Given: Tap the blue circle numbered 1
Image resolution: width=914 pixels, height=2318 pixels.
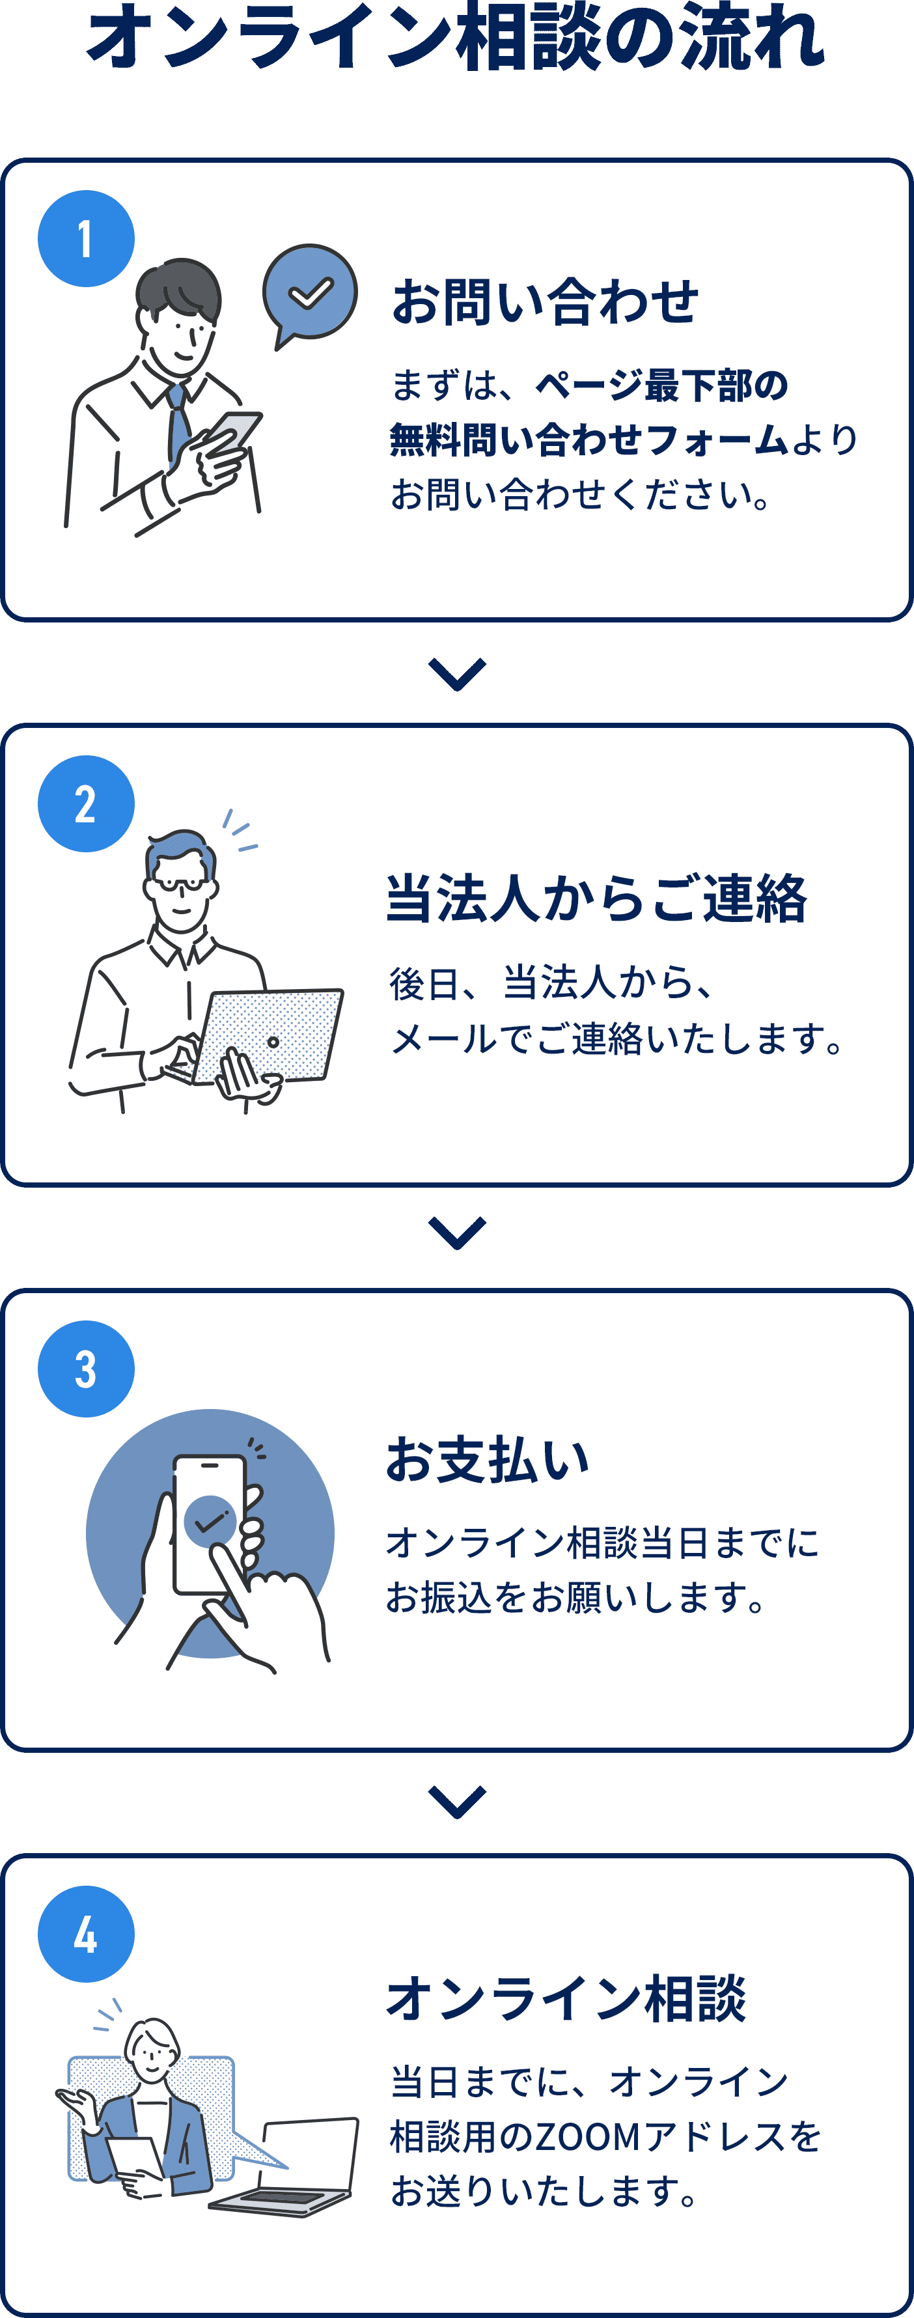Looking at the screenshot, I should point(85,238).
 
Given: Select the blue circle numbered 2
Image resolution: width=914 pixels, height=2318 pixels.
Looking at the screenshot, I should point(85,803).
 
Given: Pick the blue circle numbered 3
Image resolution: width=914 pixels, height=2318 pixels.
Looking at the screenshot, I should point(85,1369).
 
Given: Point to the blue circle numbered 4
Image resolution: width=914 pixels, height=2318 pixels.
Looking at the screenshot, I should point(85,1934).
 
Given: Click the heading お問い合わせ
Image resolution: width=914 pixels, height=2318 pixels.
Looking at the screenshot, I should point(544,301).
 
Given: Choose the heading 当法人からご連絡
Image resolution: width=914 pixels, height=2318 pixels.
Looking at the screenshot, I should point(596,899).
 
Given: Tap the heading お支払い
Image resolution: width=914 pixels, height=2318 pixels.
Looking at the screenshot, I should point(488,1460).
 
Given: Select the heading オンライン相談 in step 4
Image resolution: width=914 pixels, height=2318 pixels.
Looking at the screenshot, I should point(566,1998).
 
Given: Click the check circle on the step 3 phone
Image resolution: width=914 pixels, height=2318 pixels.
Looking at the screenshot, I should point(210,1521).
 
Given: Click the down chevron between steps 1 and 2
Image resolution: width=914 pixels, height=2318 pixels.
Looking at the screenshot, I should point(457,673).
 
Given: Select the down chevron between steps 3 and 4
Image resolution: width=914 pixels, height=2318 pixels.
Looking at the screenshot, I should point(457,1802).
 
